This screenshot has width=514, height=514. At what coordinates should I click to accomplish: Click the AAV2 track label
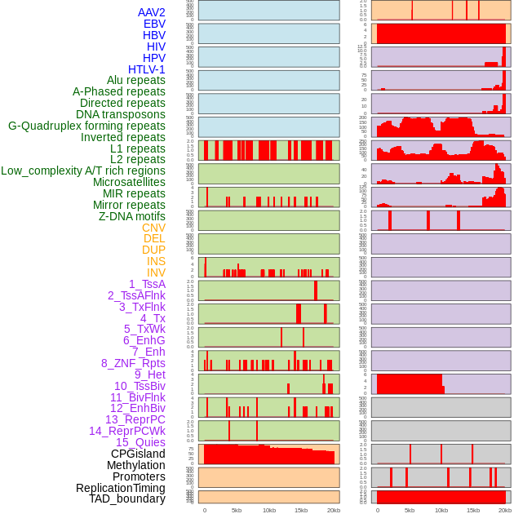point(151,12)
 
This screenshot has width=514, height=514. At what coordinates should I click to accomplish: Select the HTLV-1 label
point(146,69)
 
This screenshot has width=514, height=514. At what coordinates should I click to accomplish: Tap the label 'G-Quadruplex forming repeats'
point(86,126)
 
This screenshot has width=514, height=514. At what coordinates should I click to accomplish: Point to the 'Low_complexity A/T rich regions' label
point(83,171)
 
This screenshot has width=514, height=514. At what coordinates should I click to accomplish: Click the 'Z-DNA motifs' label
point(131,216)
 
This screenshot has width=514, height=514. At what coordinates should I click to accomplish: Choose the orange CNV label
point(153,228)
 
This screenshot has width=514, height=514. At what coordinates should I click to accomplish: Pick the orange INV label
point(156,273)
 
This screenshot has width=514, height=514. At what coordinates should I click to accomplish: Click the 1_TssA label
point(147,284)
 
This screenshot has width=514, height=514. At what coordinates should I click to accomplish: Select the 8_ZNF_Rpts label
point(133,363)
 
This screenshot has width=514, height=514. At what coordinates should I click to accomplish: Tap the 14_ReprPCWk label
point(126,431)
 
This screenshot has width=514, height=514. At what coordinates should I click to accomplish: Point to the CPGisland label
point(138,454)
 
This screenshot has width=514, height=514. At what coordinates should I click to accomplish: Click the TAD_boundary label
point(126,498)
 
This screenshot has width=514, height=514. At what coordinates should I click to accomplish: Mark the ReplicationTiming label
point(120,488)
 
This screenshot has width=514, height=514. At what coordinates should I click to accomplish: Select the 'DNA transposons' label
point(121,114)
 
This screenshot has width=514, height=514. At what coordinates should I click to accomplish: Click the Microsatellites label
point(129,182)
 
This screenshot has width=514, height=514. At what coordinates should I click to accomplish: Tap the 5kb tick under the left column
point(237,510)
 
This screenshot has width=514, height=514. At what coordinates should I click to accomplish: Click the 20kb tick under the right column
point(505,510)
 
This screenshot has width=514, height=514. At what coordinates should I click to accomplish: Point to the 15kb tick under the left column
point(301,510)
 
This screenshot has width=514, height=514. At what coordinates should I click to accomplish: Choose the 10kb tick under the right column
point(441,510)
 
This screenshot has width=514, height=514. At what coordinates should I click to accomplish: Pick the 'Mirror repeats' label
point(129,205)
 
